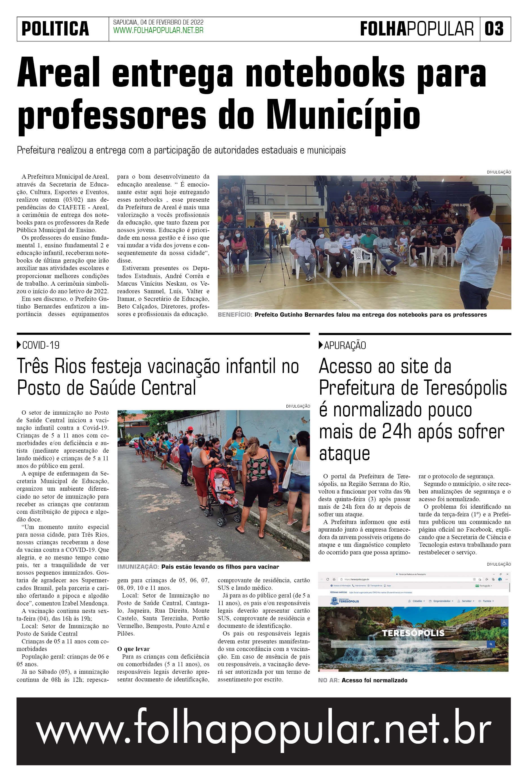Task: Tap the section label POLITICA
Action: pyautogui.click(x=55, y=29)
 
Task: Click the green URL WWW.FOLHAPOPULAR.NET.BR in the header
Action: pyautogui.click(x=158, y=31)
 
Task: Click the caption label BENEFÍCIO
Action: pyautogui.click(x=235, y=315)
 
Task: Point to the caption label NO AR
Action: pyautogui.click(x=328, y=680)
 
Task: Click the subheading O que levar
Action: pyautogui.click(x=133, y=649)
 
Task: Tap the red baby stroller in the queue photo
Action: pyautogui.click(x=221, y=494)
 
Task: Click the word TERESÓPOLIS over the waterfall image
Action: pyautogui.click(x=413, y=633)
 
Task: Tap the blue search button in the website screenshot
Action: pyautogui.click(x=491, y=644)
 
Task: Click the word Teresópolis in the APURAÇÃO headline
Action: pyautogui.click(x=465, y=388)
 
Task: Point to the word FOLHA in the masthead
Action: pyautogui.click(x=383, y=29)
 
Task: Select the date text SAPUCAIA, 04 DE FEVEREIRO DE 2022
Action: pyautogui.click(x=158, y=22)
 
